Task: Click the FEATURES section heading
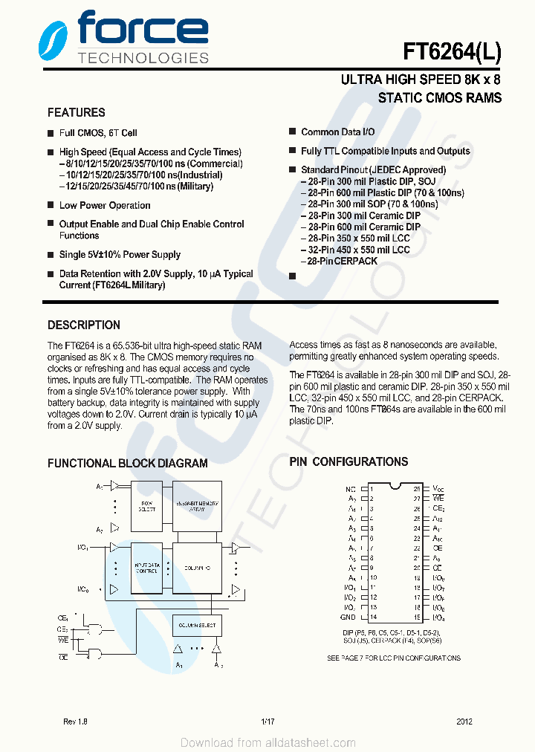pyautogui.click(x=77, y=113)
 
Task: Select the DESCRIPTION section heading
pyautogui.click(x=84, y=325)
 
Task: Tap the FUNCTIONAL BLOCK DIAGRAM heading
pyautogui.click(x=128, y=464)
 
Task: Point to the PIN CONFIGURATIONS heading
pyautogui.click(x=348, y=462)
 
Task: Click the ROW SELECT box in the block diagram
pyautogui.click(x=146, y=507)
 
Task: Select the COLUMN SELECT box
pyautogui.click(x=196, y=626)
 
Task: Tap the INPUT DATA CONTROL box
pyautogui.click(x=146, y=568)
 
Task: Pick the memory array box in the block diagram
pyautogui.click(x=196, y=507)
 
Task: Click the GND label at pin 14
pyautogui.click(x=348, y=617)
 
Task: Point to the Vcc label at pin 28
pyautogui.click(x=438, y=489)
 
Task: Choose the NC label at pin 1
pyautogui.click(x=351, y=489)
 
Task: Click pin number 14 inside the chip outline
pyautogui.click(x=373, y=617)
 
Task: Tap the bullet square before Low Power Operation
pyautogui.click(x=51, y=206)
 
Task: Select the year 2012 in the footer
pyautogui.click(x=464, y=722)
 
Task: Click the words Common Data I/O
pyautogui.click(x=337, y=132)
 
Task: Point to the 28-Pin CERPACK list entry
pyautogui.click(x=342, y=262)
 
